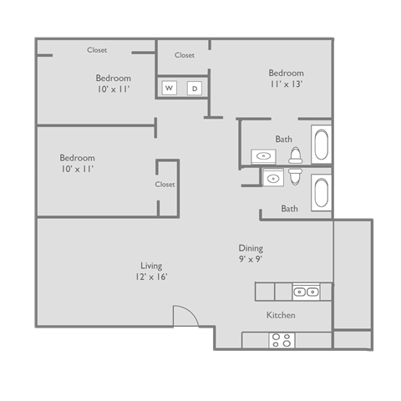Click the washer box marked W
(x=169, y=88)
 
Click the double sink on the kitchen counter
(x=305, y=292)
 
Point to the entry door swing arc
(x=185, y=317)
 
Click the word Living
(x=151, y=266)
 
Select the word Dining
(x=251, y=248)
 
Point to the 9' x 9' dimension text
(x=251, y=259)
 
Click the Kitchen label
(x=281, y=316)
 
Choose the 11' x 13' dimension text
(x=286, y=84)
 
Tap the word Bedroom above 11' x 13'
(x=286, y=73)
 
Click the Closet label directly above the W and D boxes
(x=185, y=55)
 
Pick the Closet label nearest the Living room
(x=165, y=185)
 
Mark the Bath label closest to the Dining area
(x=289, y=209)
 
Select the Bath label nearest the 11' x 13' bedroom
(x=283, y=139)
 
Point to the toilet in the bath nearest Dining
(x=295, y=177)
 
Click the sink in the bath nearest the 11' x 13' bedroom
(x=264, y=155)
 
